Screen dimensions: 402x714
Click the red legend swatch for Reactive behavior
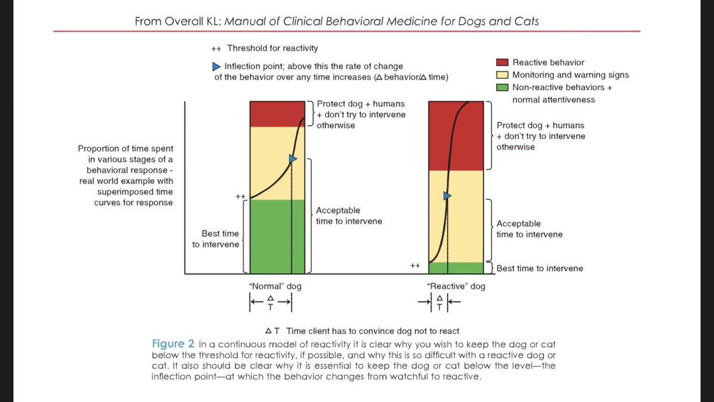tap(502, 63)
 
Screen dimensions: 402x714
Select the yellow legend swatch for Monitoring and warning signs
tap(502, 75)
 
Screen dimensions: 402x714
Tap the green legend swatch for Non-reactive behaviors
tap(502, 88)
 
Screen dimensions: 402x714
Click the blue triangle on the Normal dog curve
tap(292, 159)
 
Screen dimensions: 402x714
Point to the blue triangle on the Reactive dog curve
tap(447, 195)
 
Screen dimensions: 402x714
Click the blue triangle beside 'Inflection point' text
tap(217, 66)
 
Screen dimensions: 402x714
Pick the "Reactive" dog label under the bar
tap(456, 286)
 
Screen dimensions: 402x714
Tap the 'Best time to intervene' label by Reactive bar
tap(540, 269)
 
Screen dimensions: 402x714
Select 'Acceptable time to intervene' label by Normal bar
tap(349, 216)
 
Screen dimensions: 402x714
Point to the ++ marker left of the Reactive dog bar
tap(415, 266)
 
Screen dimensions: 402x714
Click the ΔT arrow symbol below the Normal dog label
tap(271, 304)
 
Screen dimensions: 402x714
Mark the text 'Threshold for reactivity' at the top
tap(276, 48)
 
